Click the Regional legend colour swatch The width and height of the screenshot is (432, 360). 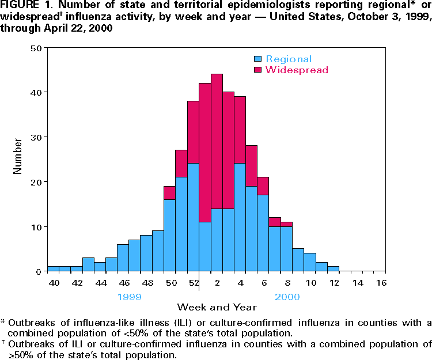tap(258, 59)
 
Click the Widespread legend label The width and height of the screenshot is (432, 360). tap(297, 70)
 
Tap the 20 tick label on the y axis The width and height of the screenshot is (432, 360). tap(36, 181)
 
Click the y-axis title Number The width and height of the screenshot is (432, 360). tap(18, 159)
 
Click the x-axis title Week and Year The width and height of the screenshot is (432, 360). tap(217, 307)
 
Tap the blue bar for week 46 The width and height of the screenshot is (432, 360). tap(123, 257)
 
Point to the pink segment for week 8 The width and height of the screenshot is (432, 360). tap(287, 224)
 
